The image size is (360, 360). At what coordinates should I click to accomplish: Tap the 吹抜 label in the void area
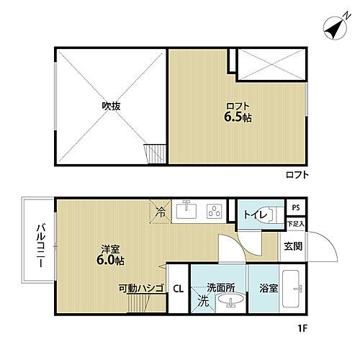(110, 106)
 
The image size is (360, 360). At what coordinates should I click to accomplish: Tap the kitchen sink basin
(186, 210)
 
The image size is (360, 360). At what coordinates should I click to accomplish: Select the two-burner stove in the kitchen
(214, 211)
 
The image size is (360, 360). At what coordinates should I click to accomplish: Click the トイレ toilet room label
(256, 215)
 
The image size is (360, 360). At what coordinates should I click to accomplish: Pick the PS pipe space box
(296, 209)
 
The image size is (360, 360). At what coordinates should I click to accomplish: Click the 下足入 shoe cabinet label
(296, 225)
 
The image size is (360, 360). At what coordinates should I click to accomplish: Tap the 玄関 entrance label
(293, 246)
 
